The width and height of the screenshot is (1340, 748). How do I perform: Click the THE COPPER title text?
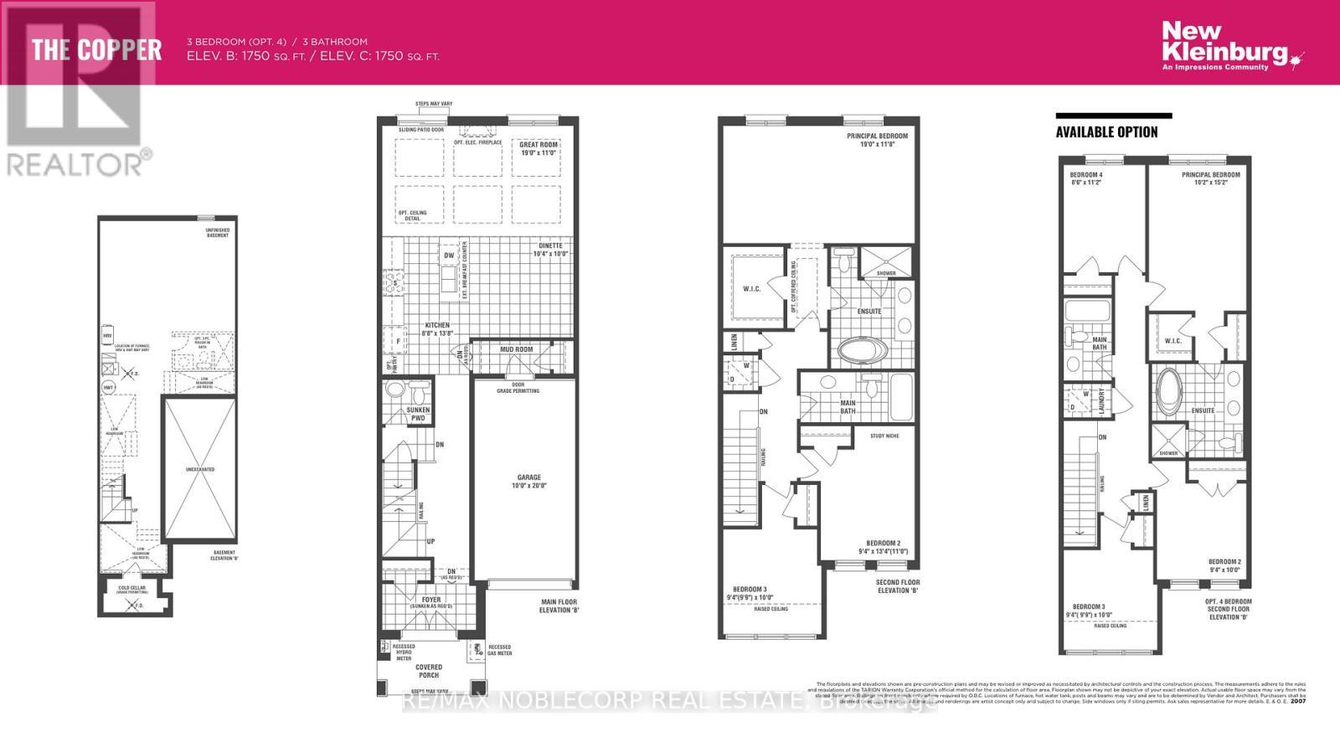(x=96, y=49)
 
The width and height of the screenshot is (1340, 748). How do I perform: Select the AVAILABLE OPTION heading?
(x=1106, y=132)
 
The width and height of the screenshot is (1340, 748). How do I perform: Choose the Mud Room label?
(x=517, y=349)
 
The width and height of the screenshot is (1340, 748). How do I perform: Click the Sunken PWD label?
(x=418, y=414)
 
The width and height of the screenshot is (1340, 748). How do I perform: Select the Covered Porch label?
(x=429, y=671)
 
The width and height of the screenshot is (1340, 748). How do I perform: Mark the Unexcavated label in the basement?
(x=199, y=470)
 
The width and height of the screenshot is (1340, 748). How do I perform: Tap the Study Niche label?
(x=884, y=436)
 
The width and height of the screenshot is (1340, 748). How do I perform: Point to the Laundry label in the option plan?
(x=1102, y=400)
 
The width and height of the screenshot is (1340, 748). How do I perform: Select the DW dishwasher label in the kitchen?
(x=449, y=255)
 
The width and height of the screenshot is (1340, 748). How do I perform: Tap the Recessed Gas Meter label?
(x=499, y=650)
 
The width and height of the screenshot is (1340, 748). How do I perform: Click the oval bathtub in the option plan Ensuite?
(x=1170, y=390)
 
